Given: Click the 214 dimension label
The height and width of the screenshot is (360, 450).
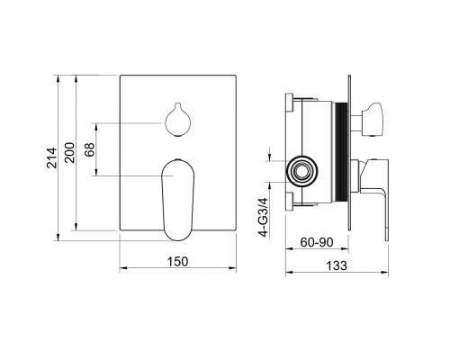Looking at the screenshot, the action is click(51, 157).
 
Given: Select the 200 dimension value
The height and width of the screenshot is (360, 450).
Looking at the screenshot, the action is click(69, 153).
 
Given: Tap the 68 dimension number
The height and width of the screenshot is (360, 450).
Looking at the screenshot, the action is click(89, 149).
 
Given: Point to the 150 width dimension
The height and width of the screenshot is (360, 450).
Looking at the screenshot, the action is click(177, 261).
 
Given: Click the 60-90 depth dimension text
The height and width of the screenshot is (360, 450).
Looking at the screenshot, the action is click(317, 242).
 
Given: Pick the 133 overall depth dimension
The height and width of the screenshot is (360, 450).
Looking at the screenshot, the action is click(337, 265).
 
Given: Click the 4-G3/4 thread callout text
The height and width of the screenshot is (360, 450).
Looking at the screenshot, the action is click(264, 217).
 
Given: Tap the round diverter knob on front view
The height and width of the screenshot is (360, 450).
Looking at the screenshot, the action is click(178, 120).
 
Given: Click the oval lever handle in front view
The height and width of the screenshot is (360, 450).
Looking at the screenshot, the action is click(178, 200).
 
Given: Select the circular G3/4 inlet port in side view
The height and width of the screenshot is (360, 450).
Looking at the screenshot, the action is click(301, 171).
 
